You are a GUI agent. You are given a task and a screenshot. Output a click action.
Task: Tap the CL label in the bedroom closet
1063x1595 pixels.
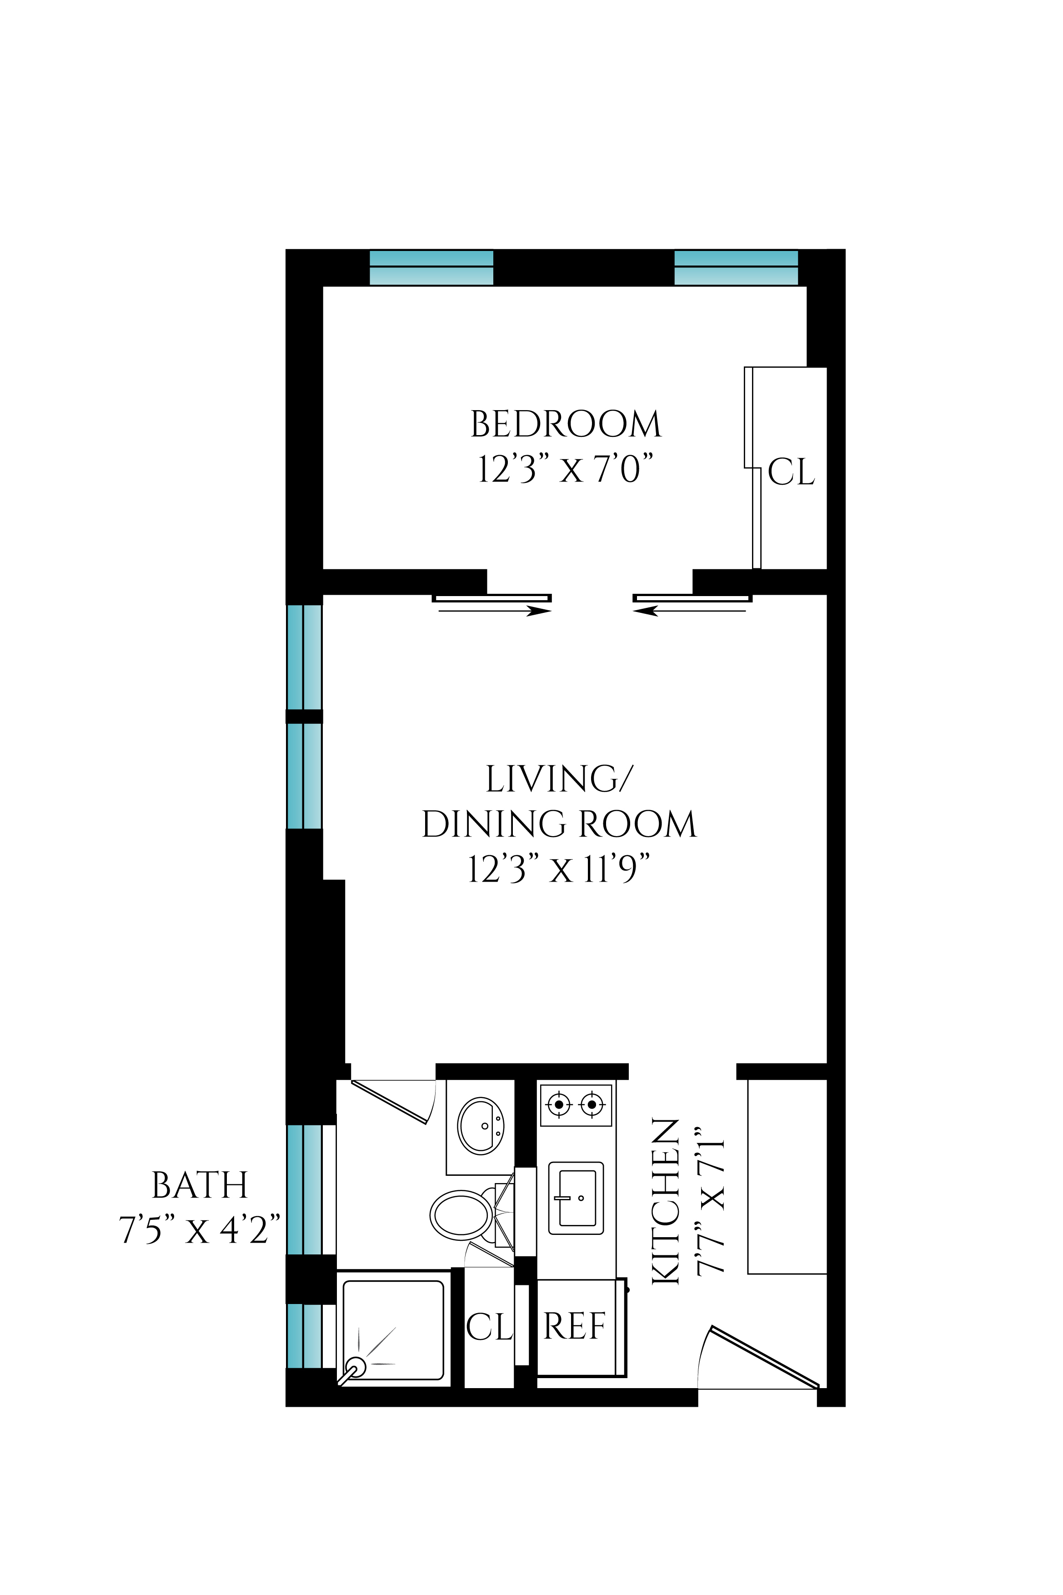click(791, 472)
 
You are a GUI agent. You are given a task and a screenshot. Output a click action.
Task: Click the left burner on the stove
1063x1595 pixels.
click(559, 1105)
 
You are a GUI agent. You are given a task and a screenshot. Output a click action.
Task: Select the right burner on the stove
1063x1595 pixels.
click(592, 1105)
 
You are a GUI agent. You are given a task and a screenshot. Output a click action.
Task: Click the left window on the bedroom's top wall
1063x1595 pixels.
click(431, 267)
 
